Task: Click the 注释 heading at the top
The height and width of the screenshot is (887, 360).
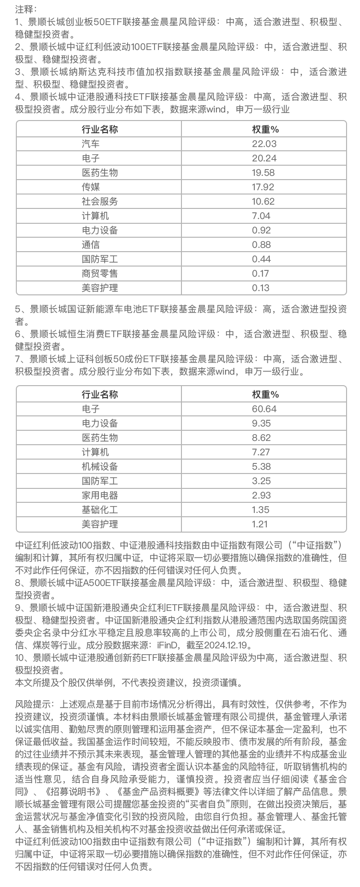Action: (25, 9)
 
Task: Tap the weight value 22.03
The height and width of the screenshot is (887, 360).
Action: (264, 144)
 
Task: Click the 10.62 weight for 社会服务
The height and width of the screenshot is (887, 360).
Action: (264, 201)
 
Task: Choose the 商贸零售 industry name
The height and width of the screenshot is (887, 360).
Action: (100, 273)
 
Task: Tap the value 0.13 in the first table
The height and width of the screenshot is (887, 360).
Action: (261, 288)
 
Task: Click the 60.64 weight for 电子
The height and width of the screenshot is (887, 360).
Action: (264, 409)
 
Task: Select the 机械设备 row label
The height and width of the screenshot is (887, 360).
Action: (100, 466)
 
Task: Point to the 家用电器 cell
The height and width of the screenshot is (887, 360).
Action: (100, 495)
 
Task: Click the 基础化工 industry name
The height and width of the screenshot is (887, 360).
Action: (100, 510)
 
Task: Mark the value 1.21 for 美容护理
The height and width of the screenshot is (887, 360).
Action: (261, 524)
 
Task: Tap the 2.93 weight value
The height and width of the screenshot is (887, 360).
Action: (262, 495)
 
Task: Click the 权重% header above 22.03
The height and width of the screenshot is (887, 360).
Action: (265, 129)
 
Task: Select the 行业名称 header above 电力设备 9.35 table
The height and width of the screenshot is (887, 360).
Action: (100, 394)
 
